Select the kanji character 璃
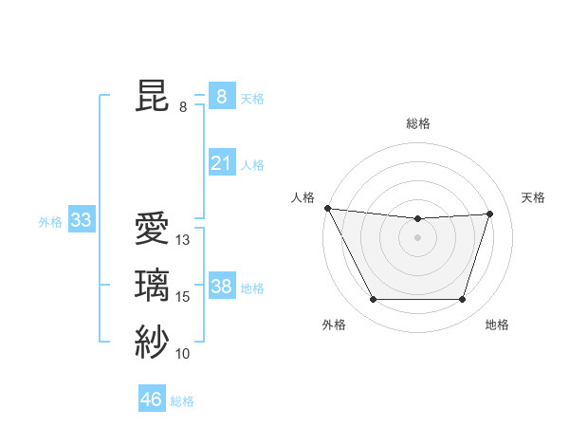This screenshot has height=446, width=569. pyautogui.click(x=152, y=286)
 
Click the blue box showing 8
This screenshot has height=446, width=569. pyautogui.click(x=221, y=96)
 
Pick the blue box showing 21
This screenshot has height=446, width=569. pyautogui.click(x=221, y=163)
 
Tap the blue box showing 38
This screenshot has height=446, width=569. pyautogui.click(x=221, y=286)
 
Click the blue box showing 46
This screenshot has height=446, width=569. pyautogui.click(x=152, y=399)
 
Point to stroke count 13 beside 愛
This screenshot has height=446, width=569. pyautogui.click(x=183, y=241)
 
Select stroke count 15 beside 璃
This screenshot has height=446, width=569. pyautogui.click(x=183, y=297)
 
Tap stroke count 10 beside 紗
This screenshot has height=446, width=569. pyautogui.click(x=183, y=354)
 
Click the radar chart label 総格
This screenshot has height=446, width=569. pyautogui.click(x=418, y=123)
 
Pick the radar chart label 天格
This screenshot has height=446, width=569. pyautogui.click(x=533, y=197)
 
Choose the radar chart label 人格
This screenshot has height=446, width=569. pyautogui.click(x=303, y=197)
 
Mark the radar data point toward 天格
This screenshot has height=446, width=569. pyautogui.click(x=490, y=214)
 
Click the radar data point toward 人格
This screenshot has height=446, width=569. pyautogui.click(x=328, y=208)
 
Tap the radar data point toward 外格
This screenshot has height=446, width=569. pyautogui.click(x=373, y=300)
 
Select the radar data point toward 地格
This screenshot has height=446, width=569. pyautogui.click(x=463, y=300)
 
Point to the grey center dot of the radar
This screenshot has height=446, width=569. pyautogui.click(x=418, y=237)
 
